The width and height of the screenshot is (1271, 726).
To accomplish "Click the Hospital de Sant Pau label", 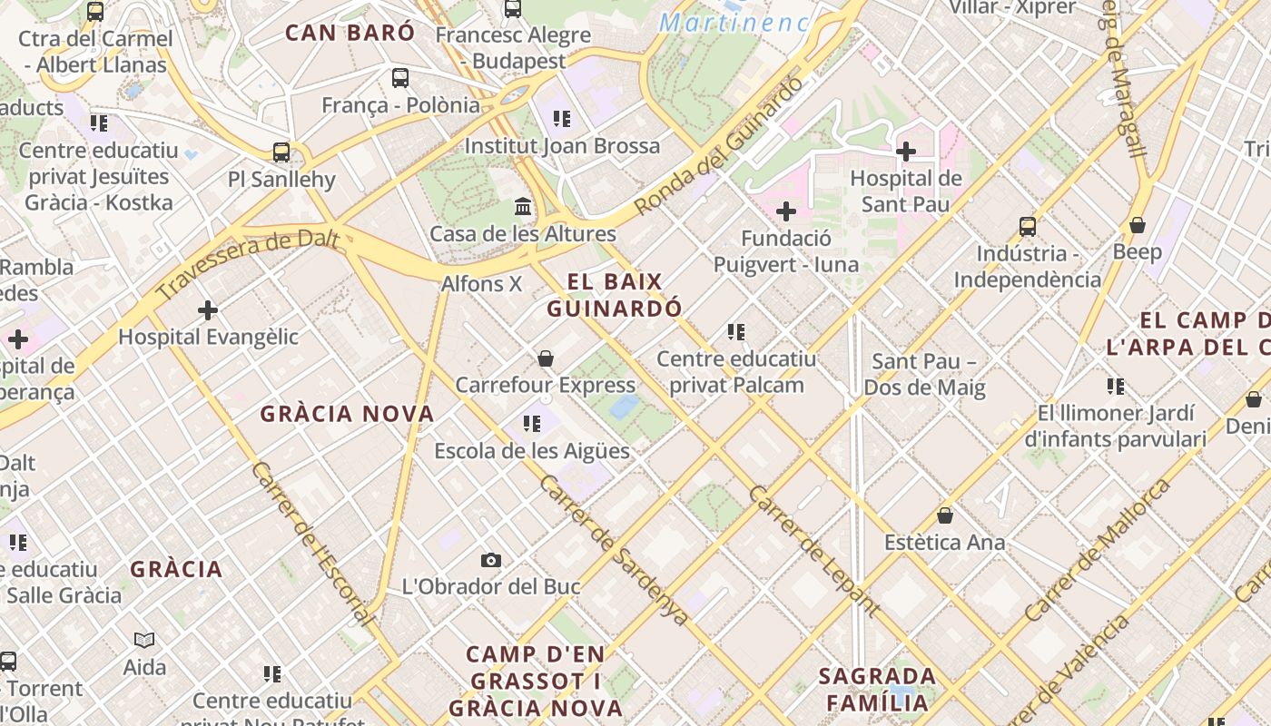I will (x=905, y=191).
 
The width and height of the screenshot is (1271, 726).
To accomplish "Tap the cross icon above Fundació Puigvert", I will (x=786, y=212).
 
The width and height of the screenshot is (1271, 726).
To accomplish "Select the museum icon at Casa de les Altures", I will (x=523, y=207).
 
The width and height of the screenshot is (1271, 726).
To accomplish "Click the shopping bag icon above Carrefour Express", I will (x=546, y=358).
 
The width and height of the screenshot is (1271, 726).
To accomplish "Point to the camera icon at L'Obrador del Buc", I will (x=491, y=560).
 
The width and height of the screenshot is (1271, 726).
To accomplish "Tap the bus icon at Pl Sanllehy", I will (x=281, y=152).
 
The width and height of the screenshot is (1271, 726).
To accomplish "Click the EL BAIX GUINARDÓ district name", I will (x=615, y=295).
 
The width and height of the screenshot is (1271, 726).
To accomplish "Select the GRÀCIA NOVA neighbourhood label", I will (x=348, y=414).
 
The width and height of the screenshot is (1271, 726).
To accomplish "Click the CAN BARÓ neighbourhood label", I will (x=350, y=33).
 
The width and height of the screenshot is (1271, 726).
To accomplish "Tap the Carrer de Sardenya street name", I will (x=614, y=549).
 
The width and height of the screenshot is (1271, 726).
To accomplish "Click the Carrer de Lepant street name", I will (x=813, y=551).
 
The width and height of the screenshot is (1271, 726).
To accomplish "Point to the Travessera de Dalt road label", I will (x=247, y=264).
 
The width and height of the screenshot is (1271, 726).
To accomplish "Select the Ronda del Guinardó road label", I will (x=719, y=145).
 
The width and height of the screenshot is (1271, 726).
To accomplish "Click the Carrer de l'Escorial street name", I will (x=313, y=544).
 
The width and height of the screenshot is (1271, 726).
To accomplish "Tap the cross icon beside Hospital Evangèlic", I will (x=208, y=310).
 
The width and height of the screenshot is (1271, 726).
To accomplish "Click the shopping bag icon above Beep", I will (x=1138, y=225).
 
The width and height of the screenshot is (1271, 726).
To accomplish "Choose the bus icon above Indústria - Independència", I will (x=1028, y=227).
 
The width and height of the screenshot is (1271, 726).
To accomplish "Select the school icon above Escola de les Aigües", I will (x=532, y=424).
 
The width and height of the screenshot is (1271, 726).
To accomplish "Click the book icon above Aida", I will (x=144, y=641).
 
